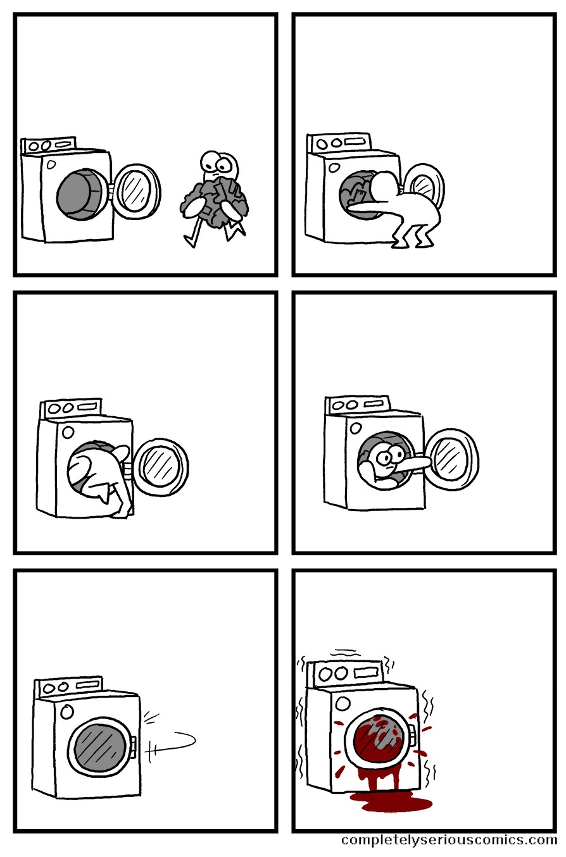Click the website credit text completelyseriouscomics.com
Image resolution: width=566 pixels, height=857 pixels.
449,840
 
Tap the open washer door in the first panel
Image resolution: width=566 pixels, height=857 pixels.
137,191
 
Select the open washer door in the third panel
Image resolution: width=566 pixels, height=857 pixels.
162,467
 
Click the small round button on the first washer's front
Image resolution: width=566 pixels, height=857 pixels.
51,164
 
